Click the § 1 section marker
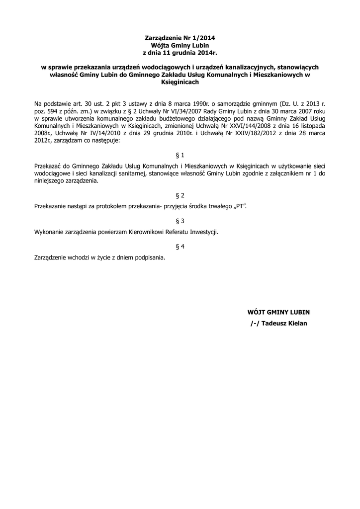click(x=180, y=156)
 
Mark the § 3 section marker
click(x=180, y=221)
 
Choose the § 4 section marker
click(x=180, y=247)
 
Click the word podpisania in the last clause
click(x=147, y=258)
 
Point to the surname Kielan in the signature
click(x=296, y=324)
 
